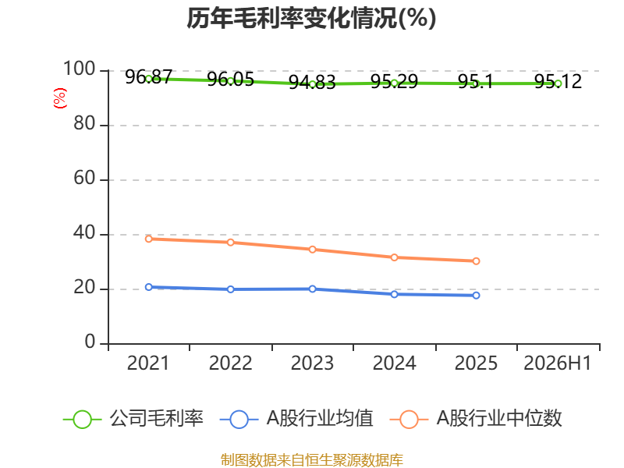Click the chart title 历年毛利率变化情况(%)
[x=311, y=18]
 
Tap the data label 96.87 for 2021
[x=148, y=76]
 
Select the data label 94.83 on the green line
[x=313, y=83]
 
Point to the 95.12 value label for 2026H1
[x=558, y=82]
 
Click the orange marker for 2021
[x=149, y=239]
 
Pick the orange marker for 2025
[x=476, y=261]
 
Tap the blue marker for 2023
[x=313, y=289]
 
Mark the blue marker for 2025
[x=476, y=296]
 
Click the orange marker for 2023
[x=313, y=250]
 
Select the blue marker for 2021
[x=149, y=287]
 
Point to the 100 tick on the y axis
[x=80, y=69]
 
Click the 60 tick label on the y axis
[x=84, y=178]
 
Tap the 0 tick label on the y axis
[x=90, y=342]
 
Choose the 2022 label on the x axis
[x=230, y=363]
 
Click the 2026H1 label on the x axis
[x=557, y=363]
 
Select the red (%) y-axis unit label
[x=60, y=98]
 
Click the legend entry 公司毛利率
[x=133, y=419]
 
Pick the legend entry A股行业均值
[x=296, y=419]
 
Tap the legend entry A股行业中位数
[x=476, y=419]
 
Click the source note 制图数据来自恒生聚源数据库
[x=312, y=460]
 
